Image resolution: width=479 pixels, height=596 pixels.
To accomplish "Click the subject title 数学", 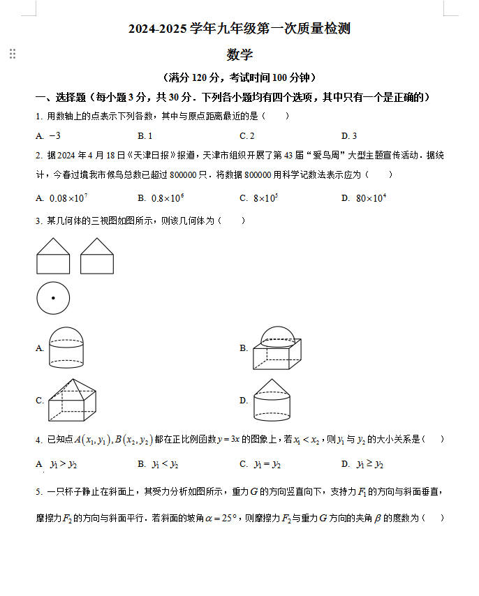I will click(x=239, y=54).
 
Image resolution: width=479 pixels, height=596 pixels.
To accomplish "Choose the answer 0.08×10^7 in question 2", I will click(x=68, y=198).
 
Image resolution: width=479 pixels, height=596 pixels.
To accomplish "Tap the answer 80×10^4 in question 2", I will click(x=371, y=198).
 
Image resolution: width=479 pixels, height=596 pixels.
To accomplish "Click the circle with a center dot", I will click(x=53, y=299).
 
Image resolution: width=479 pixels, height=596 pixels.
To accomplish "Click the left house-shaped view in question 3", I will click(x=53, y=255).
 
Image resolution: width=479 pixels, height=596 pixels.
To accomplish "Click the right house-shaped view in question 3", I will click(x=97, y=255).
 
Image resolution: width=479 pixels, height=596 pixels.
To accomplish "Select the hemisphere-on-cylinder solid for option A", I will click(x=67, y=348).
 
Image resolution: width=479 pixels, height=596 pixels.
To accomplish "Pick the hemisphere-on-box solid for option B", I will click(x=277, y=348).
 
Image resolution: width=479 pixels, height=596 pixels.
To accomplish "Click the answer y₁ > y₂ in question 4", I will click(x=64, y=464).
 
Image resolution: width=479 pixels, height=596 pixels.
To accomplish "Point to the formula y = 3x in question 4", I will click(x=228, y=439).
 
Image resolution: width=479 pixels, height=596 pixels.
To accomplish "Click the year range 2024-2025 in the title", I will click(x=159, y=29).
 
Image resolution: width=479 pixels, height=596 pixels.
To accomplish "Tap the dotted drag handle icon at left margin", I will click(x=12, y=54).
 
